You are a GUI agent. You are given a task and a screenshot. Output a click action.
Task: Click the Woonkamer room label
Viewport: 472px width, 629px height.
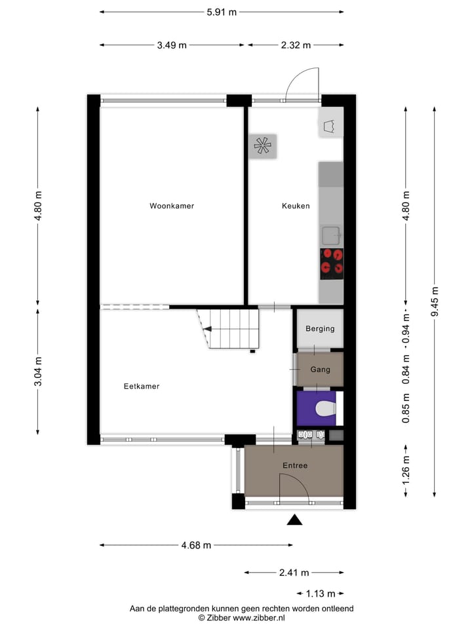(x=172, y=206)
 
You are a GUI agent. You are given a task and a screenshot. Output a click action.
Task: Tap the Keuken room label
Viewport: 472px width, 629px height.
(x=296, y=206)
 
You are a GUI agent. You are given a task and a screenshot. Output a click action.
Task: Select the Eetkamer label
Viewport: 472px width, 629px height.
(x=142, y=387)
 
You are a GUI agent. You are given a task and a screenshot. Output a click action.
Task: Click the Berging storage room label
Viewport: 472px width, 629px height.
(x=320, y=329)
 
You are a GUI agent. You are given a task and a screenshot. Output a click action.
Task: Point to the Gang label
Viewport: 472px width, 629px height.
(x=320, y=370)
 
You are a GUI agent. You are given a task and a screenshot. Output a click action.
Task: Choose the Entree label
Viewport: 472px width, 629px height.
(x=294, y=465)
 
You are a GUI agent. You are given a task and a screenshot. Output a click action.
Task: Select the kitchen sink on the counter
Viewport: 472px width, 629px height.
(x=330, y=233)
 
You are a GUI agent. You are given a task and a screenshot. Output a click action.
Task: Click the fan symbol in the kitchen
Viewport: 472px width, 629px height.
(x=263, y=146)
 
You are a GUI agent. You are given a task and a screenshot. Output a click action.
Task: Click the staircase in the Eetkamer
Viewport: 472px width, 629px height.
(x=233, y=328)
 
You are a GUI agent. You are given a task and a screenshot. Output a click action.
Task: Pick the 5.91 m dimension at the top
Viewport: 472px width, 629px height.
(x=222, y=12)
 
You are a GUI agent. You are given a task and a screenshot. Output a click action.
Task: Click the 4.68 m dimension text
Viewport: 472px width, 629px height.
(x=197, y=545)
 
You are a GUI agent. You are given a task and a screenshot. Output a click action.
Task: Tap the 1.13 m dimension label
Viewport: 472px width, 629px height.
(x=321, y=594)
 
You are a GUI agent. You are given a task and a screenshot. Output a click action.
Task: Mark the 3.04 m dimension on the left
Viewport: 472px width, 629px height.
(x=38, y=370)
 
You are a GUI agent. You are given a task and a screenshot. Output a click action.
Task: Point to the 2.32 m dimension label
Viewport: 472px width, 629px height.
(x=296, y=45)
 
